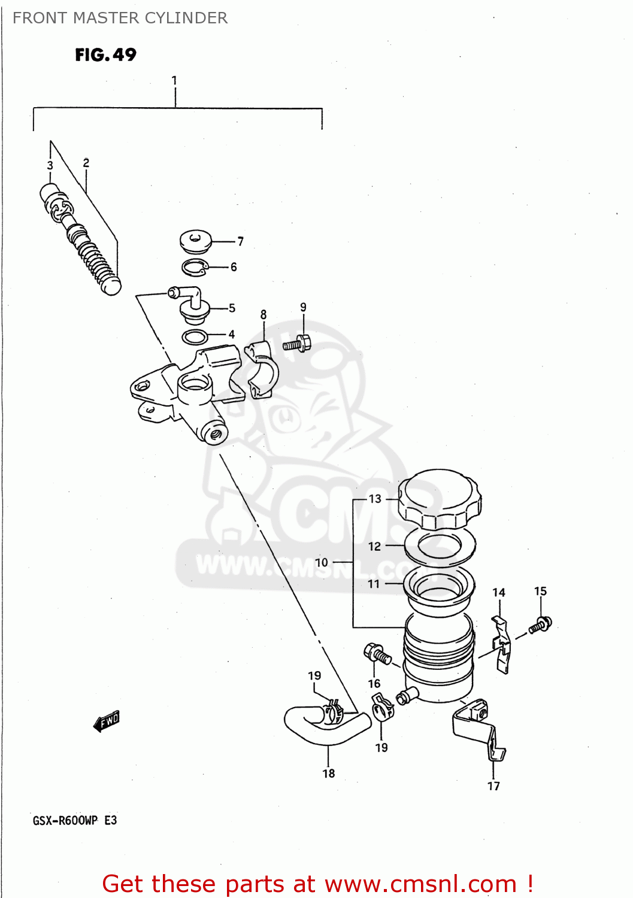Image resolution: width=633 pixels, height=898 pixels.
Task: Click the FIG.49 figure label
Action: pyautogui.click(x=105, y=55)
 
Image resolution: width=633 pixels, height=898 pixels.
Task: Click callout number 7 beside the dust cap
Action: pyautogui.click(x=240, y=241)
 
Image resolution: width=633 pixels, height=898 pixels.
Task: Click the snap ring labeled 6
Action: pyautogui.click(x=194, y=268)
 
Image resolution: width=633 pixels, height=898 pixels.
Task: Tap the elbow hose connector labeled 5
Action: pyautogui.click(x=190, y=302)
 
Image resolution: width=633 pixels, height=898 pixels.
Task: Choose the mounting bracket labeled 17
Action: pyautogui.click(x=479, y=727)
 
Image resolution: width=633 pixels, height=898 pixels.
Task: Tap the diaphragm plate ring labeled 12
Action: pyautogui.click(x=440, y=545)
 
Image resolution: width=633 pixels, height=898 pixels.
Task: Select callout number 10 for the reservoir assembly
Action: pyautogui.click(x=322, y=562)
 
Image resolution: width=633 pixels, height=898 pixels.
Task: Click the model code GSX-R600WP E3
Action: pyautogui.click(x=75, y=820)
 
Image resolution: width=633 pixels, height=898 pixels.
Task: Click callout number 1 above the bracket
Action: pyautogui.click(x=174, y=80)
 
